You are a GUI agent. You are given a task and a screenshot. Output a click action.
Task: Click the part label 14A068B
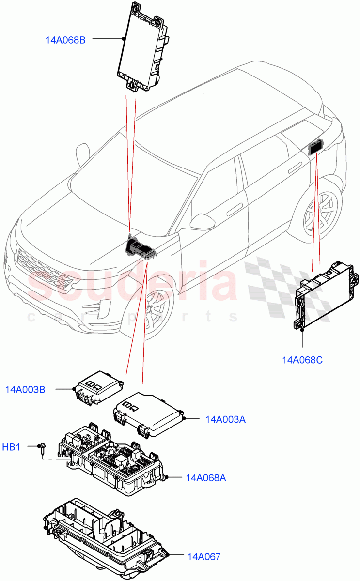pyautogui.click(x=65, y=40)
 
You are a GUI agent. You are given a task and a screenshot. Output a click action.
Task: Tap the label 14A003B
pyautogui.click(x=25, y=389)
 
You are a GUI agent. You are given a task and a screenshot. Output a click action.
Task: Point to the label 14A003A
pyautogui.click(x=225, y=419)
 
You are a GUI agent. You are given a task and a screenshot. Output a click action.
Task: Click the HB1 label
pyautogui.click(x=11, y=447)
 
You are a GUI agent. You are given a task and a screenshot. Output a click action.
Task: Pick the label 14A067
pyautogui.click(x=203, y=557)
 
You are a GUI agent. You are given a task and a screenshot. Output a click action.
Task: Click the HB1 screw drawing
pyautogui.click(x=43, y=449)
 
